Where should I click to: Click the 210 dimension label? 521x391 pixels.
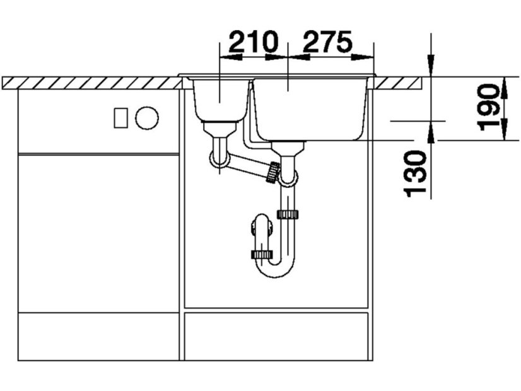tap(252, 42)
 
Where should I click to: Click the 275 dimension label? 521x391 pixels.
tap(327, 42)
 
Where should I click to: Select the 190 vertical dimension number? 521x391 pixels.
tap(488, 107)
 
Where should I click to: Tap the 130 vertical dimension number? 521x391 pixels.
tap(414, 173)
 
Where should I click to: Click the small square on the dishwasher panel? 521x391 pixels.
tap(120, 118)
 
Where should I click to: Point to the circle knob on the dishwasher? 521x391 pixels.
tap(147, 118)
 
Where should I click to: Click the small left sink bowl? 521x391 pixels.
tap(220, 100)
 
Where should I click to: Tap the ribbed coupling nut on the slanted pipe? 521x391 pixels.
tap(274, 172)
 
